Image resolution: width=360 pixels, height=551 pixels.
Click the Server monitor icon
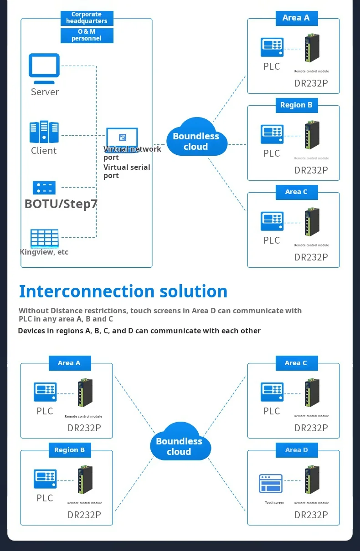click(x=44, y=67)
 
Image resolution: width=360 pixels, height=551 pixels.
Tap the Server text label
click(x=45, y=92)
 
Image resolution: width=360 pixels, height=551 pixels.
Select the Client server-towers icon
click(x=44, y=132)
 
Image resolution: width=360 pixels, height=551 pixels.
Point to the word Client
click(x=44, y=151)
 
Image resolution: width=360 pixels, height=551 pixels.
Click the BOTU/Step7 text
click(x=61, y=204)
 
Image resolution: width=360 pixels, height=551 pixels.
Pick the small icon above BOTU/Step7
click(x=44, y=188)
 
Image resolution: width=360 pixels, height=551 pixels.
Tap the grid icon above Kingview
click(x=45, y=238)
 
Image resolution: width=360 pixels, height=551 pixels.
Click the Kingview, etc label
click(x=44, y=252)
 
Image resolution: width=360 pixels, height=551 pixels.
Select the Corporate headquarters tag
click(x=87, y=18)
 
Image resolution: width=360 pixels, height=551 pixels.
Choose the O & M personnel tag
click(x=87, y=36)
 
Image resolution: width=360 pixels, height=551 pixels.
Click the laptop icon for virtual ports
click(x=122, y=138)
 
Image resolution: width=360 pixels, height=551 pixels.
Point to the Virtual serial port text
click(x=127, y=171)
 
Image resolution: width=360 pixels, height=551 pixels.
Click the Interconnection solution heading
click(x=123, y=291)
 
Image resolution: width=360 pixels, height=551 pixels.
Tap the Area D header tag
click(x=296, y=450)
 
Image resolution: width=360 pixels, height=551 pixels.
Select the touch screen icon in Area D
click(x=271, y=484)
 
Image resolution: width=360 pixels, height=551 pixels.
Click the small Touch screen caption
click(x=274, y=503)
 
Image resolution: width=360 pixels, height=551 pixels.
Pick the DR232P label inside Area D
click(x=311, y=515)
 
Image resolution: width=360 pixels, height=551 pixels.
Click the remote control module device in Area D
click(x=312, y=480)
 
